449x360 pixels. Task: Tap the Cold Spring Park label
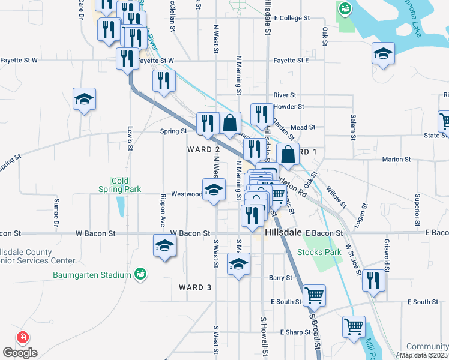pos(120,185)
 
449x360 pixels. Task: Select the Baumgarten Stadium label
pos(99,275)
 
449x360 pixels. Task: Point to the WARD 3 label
pos(196,287)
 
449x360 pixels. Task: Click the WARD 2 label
pos(203,149)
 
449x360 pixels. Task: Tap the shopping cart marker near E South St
pos(314,295)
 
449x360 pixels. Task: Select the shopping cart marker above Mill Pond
pos(354,326)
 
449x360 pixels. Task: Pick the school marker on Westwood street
pos(214,190)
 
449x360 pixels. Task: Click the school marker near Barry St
pos(238,264)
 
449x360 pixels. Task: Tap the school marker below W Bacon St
pos(164,246)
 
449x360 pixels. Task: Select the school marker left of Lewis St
pos(85,98)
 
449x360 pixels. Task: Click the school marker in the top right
pos(382,53)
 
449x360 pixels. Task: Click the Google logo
pos(20,352)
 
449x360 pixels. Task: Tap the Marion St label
pos(396,160)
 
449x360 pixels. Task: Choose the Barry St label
pos(280,278)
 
